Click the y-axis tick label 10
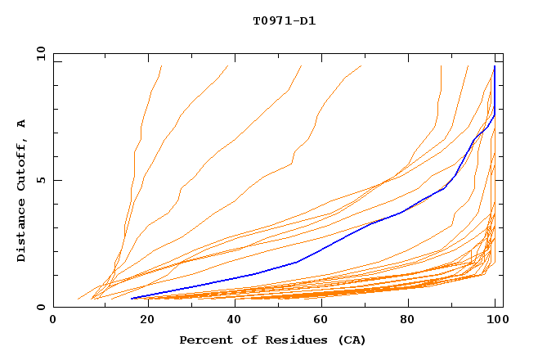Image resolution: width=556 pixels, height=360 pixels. tap(40, 53)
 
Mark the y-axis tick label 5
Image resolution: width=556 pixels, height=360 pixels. tap(43, 180)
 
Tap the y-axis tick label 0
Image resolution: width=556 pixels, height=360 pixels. tap(43, 308)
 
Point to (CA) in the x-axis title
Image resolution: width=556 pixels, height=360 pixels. tap(352, 340)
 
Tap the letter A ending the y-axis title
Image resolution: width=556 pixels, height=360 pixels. tap(22, 123)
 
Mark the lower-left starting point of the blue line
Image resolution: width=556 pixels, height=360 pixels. tap(132, 298)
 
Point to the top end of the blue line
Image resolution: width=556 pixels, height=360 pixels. tap(495, 66)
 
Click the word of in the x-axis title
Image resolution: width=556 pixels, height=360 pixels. tap(246, 340)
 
